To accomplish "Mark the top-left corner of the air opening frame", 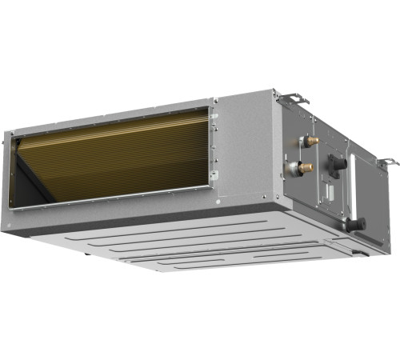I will [10, 134].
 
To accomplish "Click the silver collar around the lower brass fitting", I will [296, 167].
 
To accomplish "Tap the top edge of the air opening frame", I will [112, 116].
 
